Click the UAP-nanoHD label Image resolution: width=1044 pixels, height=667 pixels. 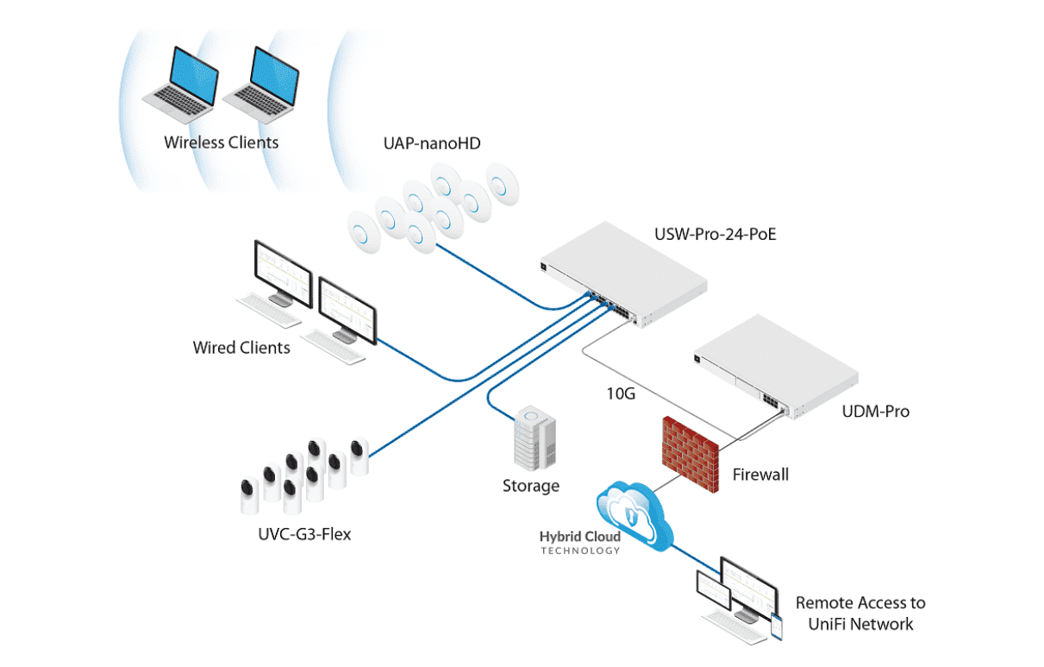(x=432, y=144)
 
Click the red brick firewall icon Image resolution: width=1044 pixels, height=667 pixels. (x=691, y=454)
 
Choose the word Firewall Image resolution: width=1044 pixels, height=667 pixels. (x=760, y=474)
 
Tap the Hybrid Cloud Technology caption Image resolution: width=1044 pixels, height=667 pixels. (x=579, y=543)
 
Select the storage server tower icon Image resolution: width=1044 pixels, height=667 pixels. (x=535, y=440)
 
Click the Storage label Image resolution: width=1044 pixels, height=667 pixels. (x=531, y=486)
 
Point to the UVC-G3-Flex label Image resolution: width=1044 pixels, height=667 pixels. (x=305, y=534)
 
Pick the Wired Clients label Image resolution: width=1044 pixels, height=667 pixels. (x=241, y=348)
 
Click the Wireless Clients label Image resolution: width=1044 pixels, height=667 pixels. (x=222, y=142)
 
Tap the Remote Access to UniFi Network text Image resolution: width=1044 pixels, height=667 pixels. (x=860, y=613)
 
